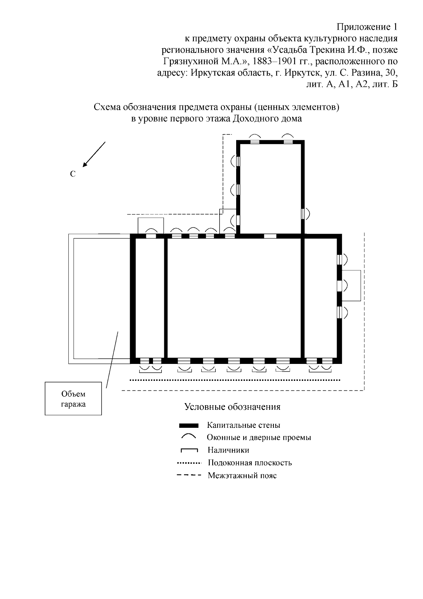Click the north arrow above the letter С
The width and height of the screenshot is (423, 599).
tap(94, 154)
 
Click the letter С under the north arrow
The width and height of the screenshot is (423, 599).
tap(73, 174)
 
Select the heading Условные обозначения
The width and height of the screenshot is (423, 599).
tap(232, 407)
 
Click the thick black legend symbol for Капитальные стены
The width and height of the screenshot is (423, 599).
tap(189, 425)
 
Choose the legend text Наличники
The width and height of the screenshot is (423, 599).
tap(228, 450)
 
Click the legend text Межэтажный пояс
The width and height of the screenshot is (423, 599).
tap(242, 475)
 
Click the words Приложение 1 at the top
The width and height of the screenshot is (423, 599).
tap(367, 27)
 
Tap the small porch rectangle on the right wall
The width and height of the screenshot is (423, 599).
tap(351, 285)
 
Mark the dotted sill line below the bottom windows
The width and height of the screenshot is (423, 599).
tap(235, 380)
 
